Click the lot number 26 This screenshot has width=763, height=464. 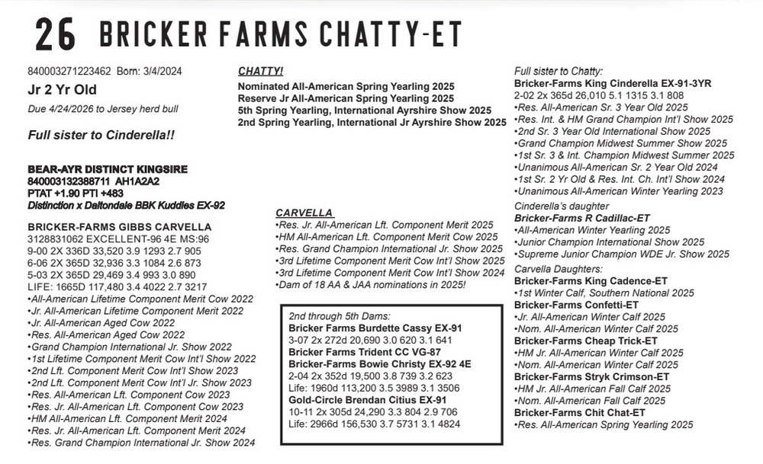pos(54,35)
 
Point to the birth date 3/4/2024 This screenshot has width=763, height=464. pos(161,72)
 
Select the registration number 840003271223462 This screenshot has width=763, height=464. pos(69,72)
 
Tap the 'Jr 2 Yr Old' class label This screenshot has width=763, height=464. pos(59,90)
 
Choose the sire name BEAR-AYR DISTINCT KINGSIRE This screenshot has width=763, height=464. pos(108,168)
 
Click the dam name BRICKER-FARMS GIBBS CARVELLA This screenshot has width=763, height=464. pos(119,226)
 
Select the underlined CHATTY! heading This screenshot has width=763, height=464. pos(260,71)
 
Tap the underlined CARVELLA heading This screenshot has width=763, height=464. pos(304,213)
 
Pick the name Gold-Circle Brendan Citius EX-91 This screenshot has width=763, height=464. pos(368,399)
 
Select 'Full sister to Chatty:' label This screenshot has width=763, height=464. pos(559,71)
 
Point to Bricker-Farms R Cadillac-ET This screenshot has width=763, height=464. pos(581,218)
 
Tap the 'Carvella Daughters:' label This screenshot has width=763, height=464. pos(559,269)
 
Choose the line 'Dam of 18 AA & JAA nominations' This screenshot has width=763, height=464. pos(370,284)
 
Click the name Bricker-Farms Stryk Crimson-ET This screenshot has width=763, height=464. pos(591,376)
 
